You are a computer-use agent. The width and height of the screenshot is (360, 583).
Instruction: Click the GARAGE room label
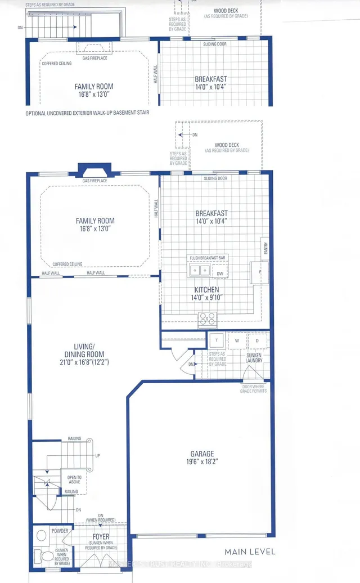click(202, 454)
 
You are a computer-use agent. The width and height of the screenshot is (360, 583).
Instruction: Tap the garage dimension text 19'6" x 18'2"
click(202, 463)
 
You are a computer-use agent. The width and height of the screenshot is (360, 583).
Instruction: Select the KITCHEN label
click(206, 289)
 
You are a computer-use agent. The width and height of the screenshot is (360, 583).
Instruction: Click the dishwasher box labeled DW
click(220, 274)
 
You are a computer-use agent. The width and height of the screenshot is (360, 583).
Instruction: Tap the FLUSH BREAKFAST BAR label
click(207, 258)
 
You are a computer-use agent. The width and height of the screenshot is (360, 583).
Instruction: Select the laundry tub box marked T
click(217, 341)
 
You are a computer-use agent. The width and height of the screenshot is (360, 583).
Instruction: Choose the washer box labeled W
click(237, 341)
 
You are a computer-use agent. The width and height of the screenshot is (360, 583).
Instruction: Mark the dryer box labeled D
click(257, 341)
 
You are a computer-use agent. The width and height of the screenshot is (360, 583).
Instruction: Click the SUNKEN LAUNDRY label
click(254, 357)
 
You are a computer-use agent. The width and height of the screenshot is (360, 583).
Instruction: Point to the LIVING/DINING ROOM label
click(84, 351)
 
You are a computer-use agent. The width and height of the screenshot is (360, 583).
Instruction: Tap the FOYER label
click(101, 537)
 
